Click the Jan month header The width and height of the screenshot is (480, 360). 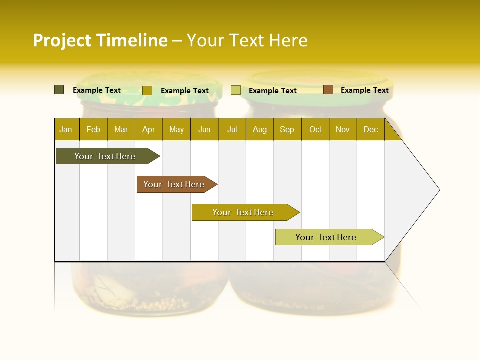(x=66, y=129)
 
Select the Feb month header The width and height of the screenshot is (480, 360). (x=93, y=129)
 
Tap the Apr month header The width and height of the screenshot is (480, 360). (x=149, y=129)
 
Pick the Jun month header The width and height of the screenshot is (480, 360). (x=204, y=129)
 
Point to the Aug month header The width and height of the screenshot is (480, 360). (x=260, y=129)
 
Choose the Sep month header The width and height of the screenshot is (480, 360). (x=287, y=129)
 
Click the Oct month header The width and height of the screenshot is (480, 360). (x=315, y=129)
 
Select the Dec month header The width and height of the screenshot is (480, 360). (x=371, y=129)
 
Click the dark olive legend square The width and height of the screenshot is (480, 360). (x=59, y=90)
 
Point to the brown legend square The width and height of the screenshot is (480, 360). (x=328, y=90)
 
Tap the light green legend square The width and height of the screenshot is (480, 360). (x=236, y=90)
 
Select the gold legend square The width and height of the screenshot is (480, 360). (x=147, y=90)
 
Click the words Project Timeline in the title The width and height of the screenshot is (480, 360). (x=100, y=40)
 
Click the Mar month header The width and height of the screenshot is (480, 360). (x=121, y=129)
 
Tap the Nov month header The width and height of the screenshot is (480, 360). (x=343, y=129)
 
